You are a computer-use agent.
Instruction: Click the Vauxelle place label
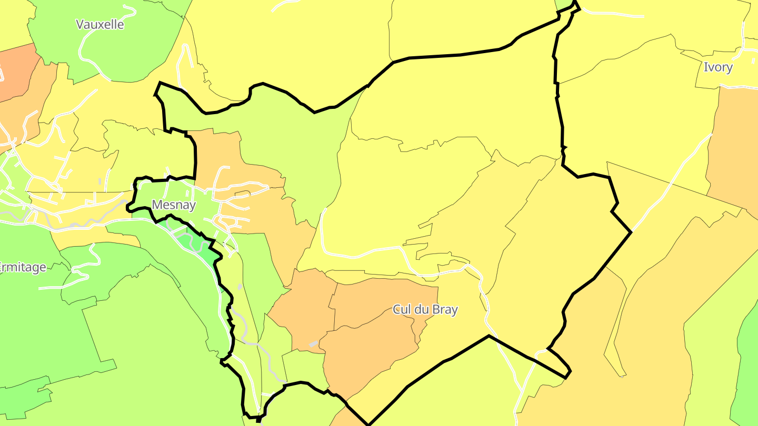click(100, 24)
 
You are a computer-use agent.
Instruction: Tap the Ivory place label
click(718, 67)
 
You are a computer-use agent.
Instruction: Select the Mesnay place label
click(174, 205)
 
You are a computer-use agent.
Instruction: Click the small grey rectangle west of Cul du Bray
click(313, 343)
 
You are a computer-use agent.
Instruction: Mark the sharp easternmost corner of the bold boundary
click(631, 232)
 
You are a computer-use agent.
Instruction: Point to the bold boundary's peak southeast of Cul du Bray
click(489, 336)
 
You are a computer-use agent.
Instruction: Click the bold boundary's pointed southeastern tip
click(567, 377)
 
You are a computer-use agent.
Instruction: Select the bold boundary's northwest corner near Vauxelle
click(159, 84)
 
